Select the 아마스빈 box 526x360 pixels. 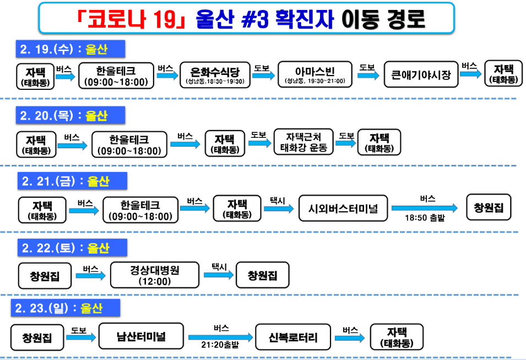tap(315, 74)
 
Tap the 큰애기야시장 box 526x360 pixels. tap(421, 74)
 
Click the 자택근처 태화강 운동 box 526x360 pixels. tap(303, 142)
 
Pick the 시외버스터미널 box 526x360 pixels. tap(343, 208)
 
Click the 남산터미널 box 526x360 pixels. tap(141, 336)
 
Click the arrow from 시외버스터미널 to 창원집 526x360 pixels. tap(424, 208)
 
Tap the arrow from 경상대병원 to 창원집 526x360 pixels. tap(217, 275)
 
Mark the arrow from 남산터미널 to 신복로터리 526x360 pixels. tap(220, 337)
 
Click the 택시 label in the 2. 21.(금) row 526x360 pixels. tap(277, 201)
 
